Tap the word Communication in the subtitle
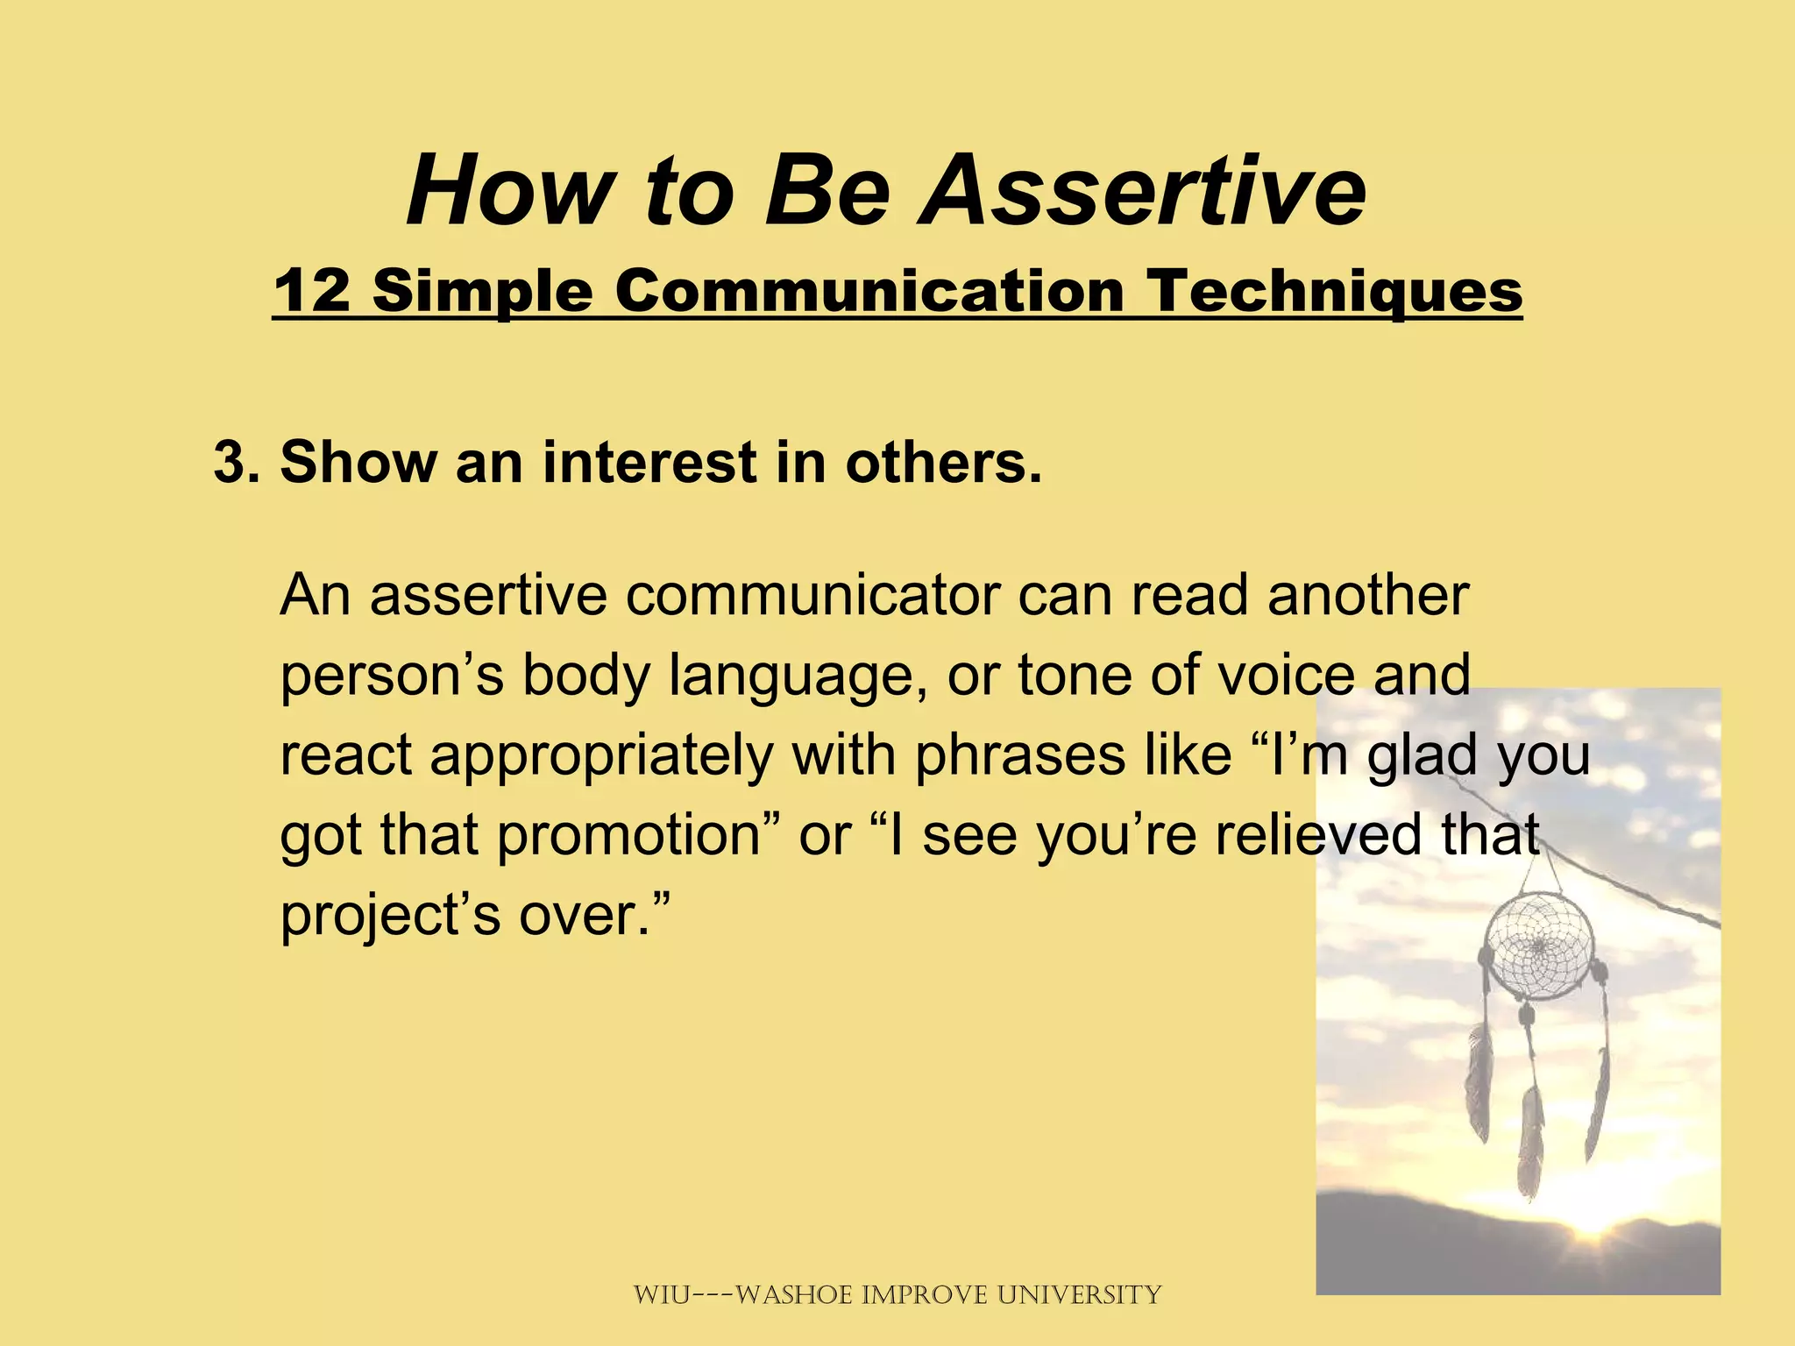[x=869, y=291]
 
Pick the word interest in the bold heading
[x=649, y=462]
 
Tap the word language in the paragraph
[x=798, y=677]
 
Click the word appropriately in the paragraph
[x=601, y=755]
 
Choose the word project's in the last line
[x=391, y=915]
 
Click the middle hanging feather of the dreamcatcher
[x=1530, y=1139]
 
